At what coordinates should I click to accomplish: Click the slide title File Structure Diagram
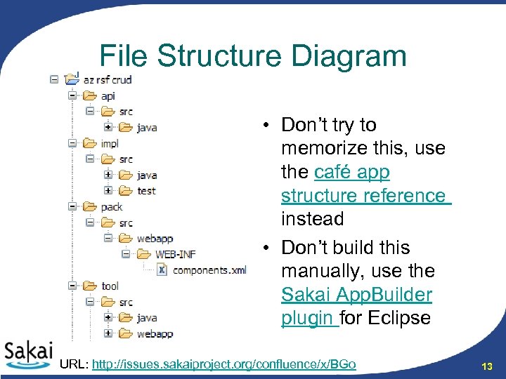pos(253,56)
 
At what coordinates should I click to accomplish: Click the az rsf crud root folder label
pos(108,80)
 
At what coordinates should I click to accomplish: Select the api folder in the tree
pos(108,96)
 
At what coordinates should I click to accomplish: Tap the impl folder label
pos(110,143)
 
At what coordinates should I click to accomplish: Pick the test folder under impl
pos(146,191)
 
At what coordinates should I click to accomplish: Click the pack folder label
pos(112,206)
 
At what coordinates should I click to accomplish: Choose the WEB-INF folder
pos(175,254)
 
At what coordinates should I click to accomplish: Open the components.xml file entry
pos(209,270)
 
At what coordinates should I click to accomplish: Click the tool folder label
pos(110,286)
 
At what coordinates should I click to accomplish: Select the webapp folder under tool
pos(155,333)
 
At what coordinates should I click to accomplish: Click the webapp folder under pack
pos(155,239)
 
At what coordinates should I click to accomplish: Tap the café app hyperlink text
pos(352,172)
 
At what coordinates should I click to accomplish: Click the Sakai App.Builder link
pos(356,295)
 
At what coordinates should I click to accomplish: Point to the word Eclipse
pos(397,318)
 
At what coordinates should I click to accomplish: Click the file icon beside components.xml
pos(161,270)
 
